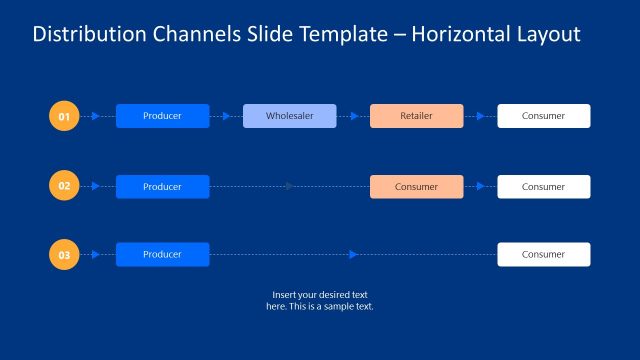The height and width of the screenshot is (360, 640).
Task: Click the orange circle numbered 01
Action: coord(64,117)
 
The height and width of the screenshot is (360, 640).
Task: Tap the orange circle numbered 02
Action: coord(64,186)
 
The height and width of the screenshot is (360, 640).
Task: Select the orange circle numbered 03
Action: coord(64,255)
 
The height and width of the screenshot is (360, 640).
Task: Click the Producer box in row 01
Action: coord(162,116)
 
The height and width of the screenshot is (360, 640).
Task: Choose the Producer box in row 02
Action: coord(162,187)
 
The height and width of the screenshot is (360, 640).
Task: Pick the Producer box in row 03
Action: coord(162,255)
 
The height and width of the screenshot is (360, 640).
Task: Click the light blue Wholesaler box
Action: coord(290,116)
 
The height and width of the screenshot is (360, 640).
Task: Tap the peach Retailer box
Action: coord(416,116)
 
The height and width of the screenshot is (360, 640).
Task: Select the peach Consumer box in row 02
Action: coord(416,187)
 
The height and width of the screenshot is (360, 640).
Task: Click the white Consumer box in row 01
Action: coord(543,116)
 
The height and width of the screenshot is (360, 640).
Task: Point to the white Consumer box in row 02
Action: coord(543,187)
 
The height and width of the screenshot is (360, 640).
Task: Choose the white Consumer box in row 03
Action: coord(543,255)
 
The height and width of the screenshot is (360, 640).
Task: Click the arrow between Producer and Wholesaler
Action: coord(227,116)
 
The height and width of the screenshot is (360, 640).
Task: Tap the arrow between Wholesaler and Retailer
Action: coord(354,116)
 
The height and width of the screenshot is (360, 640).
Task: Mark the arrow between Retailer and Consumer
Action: coord(481,116)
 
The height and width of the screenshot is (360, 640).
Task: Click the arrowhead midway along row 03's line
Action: coord(353,255)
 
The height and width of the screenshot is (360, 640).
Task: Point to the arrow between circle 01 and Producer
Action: coord(96,116)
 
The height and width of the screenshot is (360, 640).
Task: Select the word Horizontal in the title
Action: coord(459,35)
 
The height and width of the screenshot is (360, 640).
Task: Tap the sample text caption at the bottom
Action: coord(320,300)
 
